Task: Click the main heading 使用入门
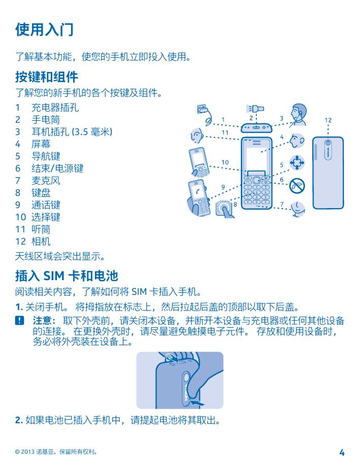44,29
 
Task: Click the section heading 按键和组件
47,77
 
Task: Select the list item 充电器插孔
55,108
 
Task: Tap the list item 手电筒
46,120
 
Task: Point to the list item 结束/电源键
57,168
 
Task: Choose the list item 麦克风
46,181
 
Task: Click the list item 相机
41,242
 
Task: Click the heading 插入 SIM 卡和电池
67,276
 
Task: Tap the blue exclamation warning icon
19,321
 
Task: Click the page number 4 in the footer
342,453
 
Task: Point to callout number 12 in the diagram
328,120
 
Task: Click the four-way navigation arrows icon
297,163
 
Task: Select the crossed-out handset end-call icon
297,186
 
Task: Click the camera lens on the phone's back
328,143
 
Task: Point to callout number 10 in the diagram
225,162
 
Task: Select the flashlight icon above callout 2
255,108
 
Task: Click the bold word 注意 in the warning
42,320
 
